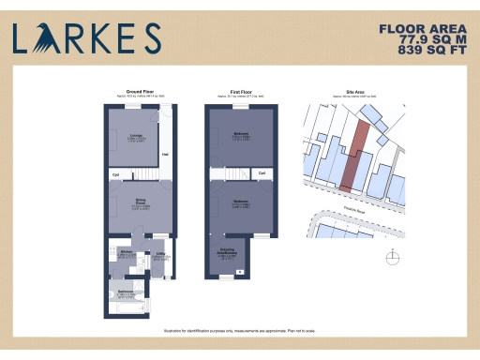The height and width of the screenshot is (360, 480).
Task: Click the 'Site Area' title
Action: coord(353,92)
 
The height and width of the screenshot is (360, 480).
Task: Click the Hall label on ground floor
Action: coord(165,155)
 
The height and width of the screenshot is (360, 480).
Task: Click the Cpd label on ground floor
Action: coord(115,174)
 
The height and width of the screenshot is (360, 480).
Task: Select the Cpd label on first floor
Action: coord(262,174)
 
